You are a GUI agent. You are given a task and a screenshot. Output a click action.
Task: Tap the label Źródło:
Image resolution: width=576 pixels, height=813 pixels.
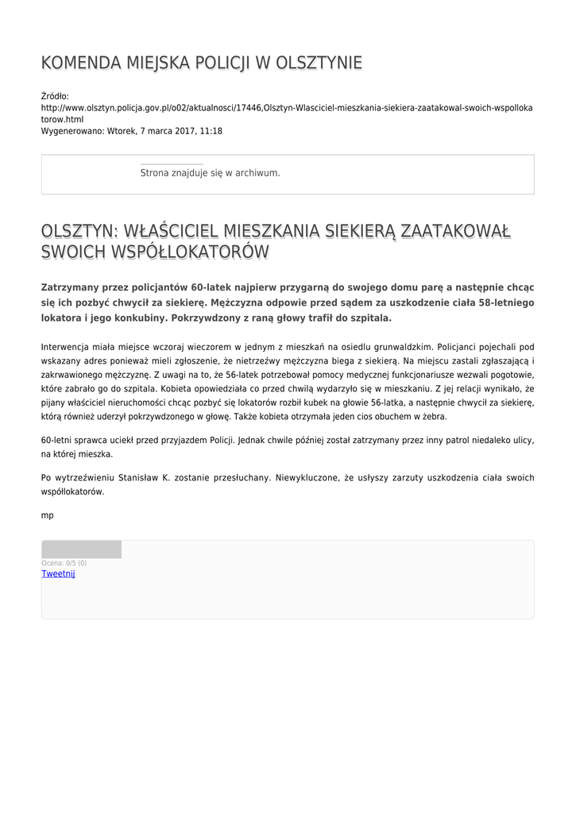[55, 96]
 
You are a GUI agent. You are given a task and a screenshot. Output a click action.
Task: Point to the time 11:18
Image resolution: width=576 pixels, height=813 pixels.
[211, 131]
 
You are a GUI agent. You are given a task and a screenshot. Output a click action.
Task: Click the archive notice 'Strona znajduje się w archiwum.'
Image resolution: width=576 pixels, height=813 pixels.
[210, 172]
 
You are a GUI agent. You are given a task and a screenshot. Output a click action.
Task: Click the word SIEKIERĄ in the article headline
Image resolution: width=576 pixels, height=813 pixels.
[355, 231]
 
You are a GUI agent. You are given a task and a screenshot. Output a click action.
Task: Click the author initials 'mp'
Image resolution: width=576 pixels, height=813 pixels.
[48, 515]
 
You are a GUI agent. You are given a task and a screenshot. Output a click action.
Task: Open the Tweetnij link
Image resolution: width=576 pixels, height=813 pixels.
[58, 573]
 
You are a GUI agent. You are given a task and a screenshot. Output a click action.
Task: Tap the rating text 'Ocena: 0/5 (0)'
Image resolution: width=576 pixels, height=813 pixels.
[64, 563]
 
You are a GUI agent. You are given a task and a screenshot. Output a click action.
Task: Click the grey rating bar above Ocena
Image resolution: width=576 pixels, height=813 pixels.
[81, 549]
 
